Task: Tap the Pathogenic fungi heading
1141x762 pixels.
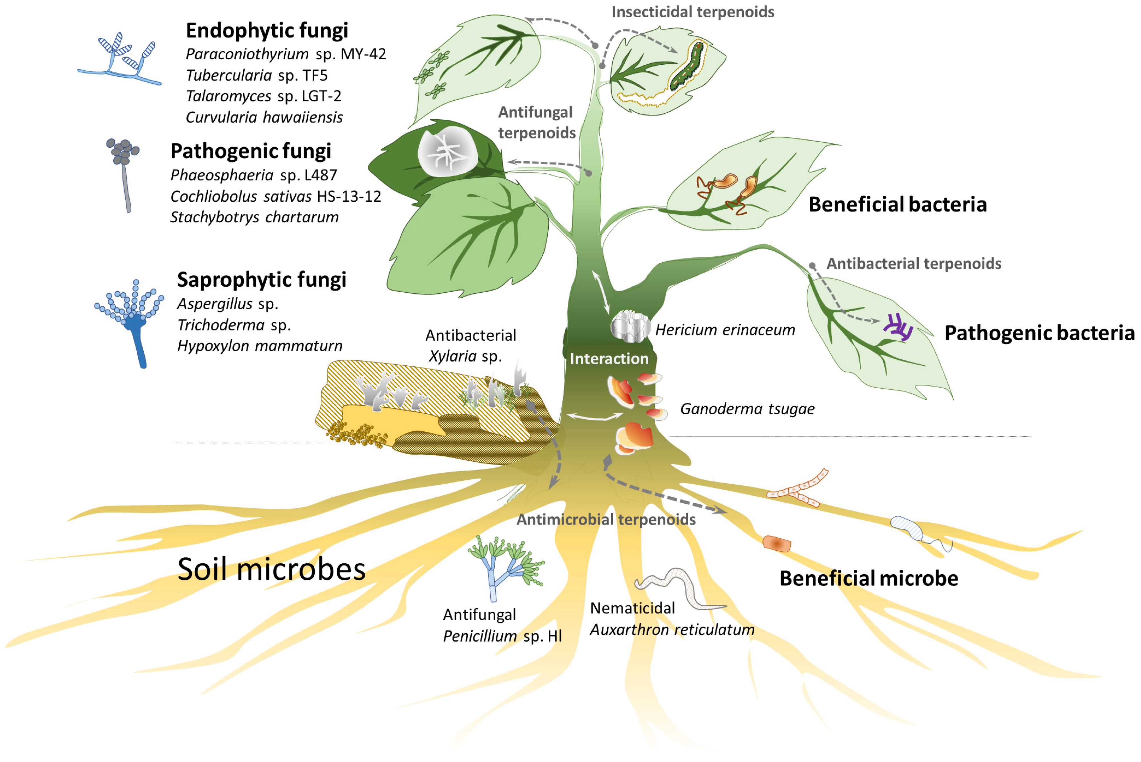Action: click(x=250, y=151)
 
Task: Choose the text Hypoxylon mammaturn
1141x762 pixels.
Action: click(x=260, y=346)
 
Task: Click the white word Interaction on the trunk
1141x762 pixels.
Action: click(x=609, y=359)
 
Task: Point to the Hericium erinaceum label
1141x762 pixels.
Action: click(x=725, y=330)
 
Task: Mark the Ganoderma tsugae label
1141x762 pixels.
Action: click(x=747, y=409)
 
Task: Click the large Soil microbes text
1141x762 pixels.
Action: click(x=271, y=569)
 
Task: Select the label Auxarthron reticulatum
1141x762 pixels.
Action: click(x=672, y=630)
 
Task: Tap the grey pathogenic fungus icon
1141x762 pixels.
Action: click(x=124, y=170)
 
